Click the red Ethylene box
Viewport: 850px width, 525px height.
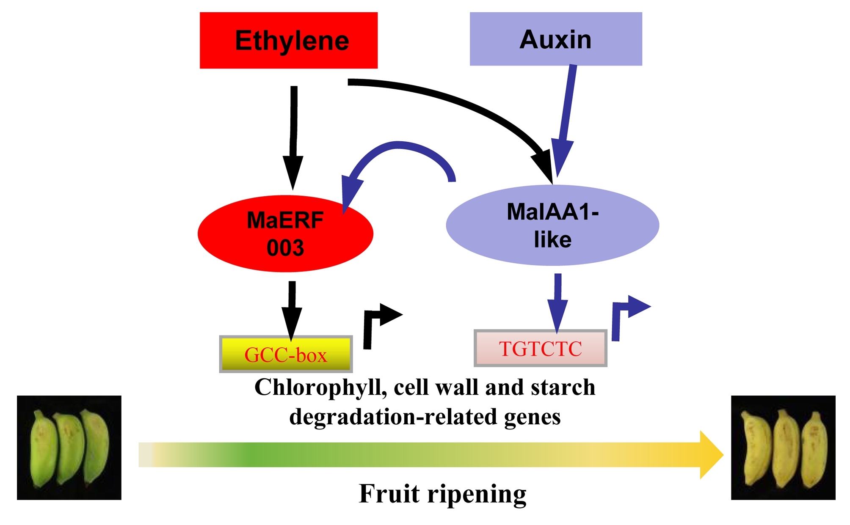(288, 40)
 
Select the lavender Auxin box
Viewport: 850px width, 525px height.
(555, 39)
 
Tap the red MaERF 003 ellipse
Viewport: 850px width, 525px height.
(285, 234)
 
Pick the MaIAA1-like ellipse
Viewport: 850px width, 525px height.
(552, 225)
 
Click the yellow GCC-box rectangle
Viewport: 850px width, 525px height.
(286, 355)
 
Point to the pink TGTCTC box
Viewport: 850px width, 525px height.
(541, 349)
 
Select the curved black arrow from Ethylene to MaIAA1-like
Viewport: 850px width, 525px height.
(466, 106)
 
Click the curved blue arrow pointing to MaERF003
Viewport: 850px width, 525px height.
(398, 146)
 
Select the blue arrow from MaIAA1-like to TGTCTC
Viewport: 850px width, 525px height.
(557, 300)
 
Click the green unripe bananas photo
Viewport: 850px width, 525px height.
(69, 448)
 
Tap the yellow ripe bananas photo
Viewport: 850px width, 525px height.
(783, 448)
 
